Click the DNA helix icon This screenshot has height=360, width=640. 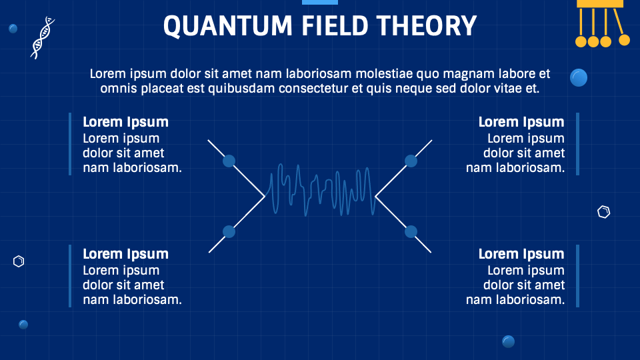coord(42,37)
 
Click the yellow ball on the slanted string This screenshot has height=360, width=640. coord(624,40)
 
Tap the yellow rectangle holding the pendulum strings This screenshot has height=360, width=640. coord(600,3)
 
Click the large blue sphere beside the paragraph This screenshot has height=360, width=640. coord(579,78)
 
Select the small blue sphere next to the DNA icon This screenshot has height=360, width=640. coord(13,29)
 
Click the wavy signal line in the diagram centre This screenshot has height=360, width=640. coord(320,191)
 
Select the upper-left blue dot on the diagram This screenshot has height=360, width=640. coord(229,161)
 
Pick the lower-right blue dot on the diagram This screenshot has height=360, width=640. coord(411,232)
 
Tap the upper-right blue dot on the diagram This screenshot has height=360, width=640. coord(411,161)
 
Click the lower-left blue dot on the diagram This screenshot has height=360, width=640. coord(229,232)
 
